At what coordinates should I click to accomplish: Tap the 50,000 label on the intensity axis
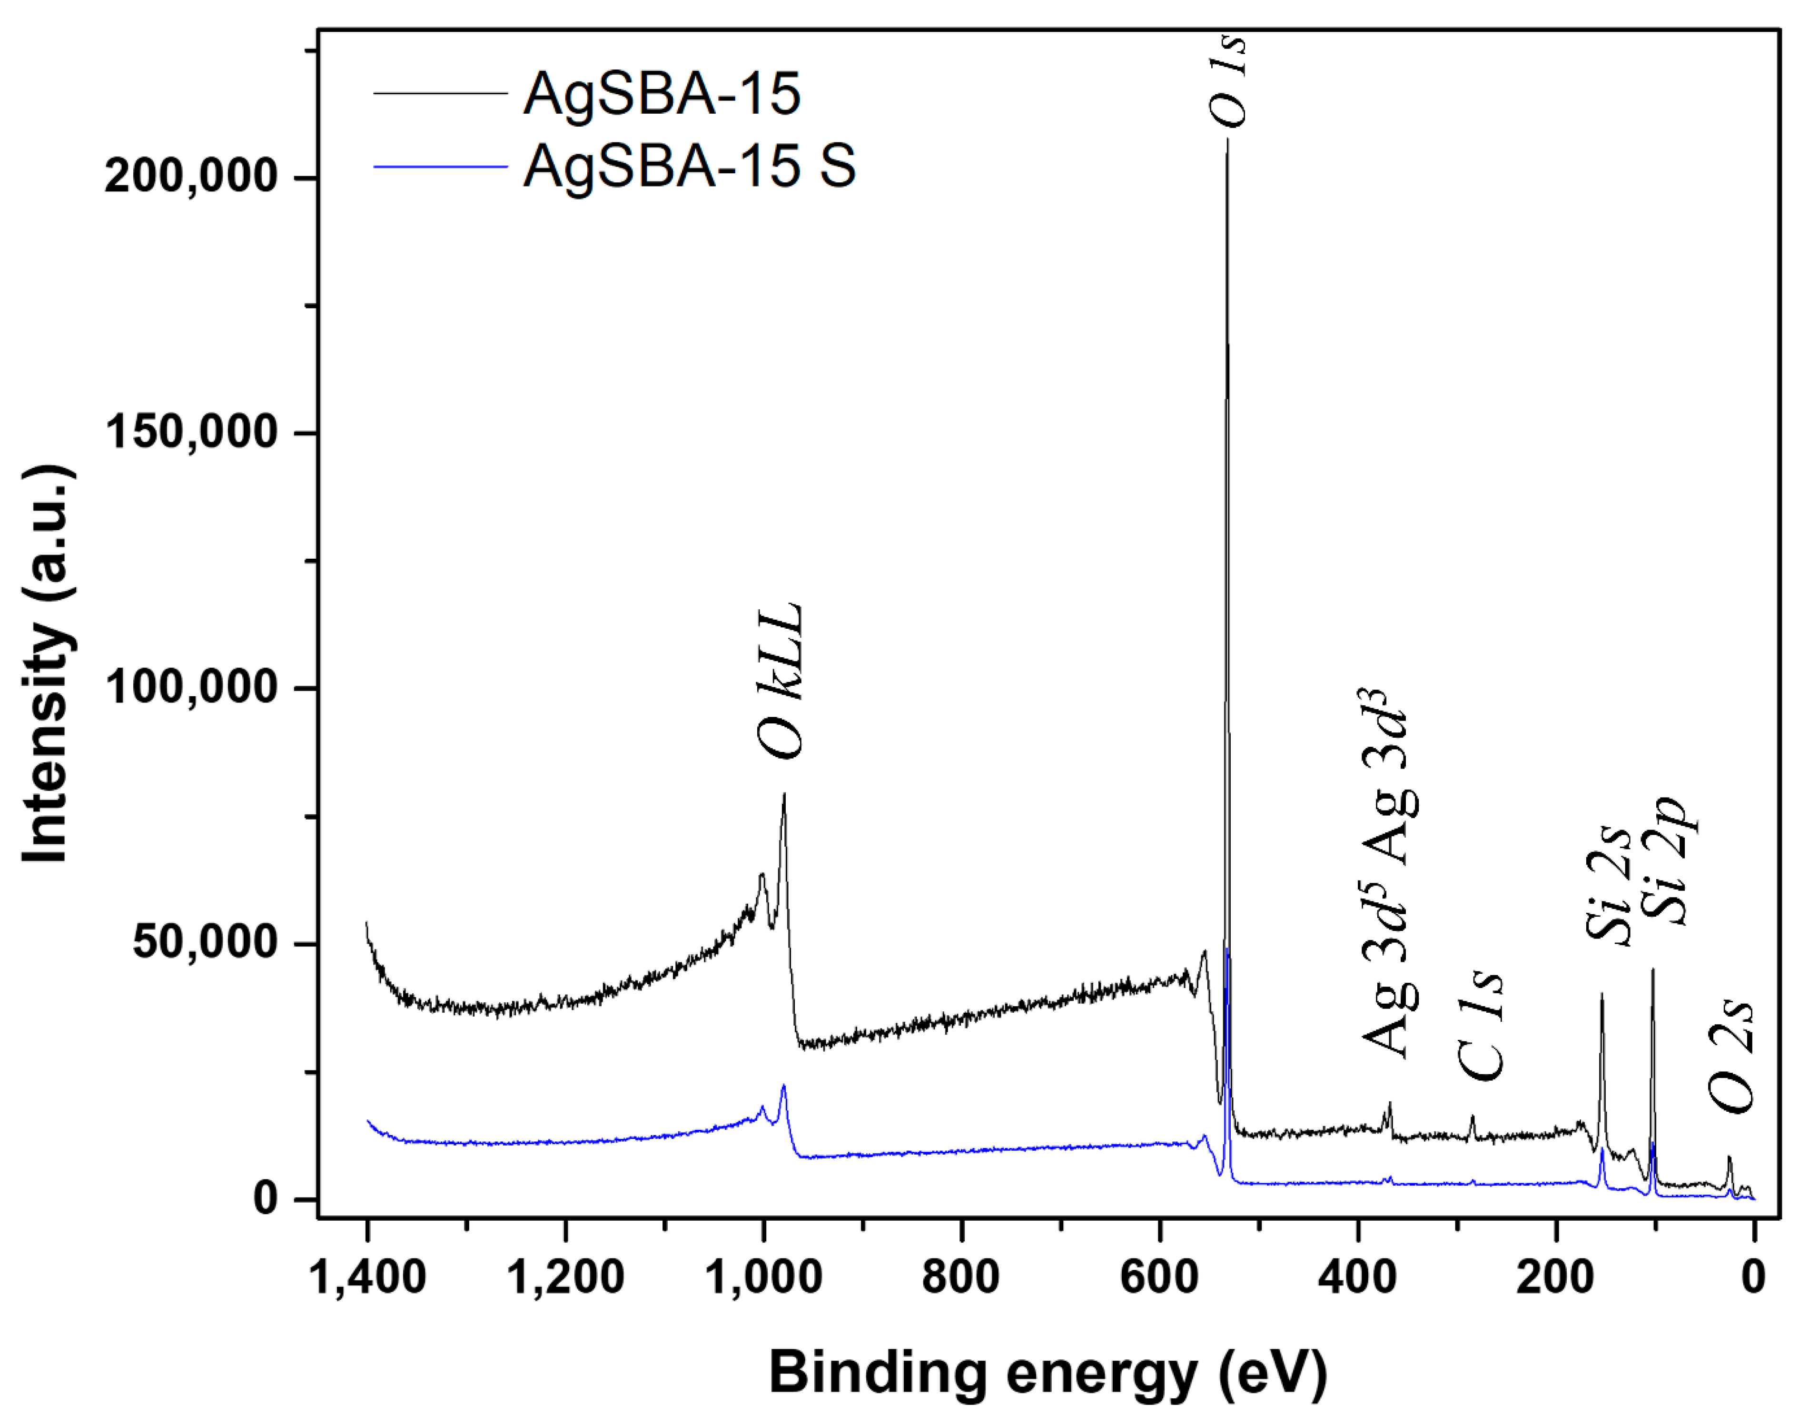click(x=204, y=944)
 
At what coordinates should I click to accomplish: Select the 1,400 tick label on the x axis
click(x=367, y=1277)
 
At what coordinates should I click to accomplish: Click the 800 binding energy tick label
click(x=961, y=1277)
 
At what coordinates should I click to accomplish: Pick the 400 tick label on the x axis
click(x=1357, y=1277)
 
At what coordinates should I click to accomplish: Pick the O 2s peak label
click(x=1732, y=1057)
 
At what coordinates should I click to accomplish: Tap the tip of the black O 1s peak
click(x=1226, y=140)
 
